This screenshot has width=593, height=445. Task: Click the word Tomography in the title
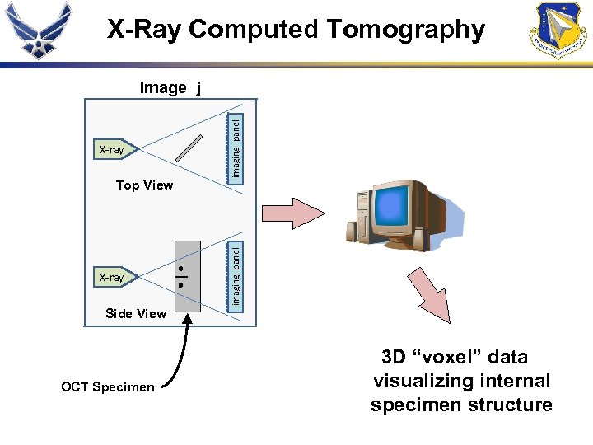[x=405, y=30]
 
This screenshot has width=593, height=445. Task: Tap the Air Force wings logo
[x=40, y=31]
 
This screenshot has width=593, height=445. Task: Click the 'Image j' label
[x=170, y=88]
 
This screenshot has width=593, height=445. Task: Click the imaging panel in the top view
[x=236, y=147]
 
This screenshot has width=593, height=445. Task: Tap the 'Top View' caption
[x=145, y=185]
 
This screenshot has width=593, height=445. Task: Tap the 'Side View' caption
[x=136, y=313]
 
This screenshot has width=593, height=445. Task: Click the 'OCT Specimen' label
[x=108, y=387]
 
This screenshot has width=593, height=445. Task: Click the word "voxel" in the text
[x=446, y=358]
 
